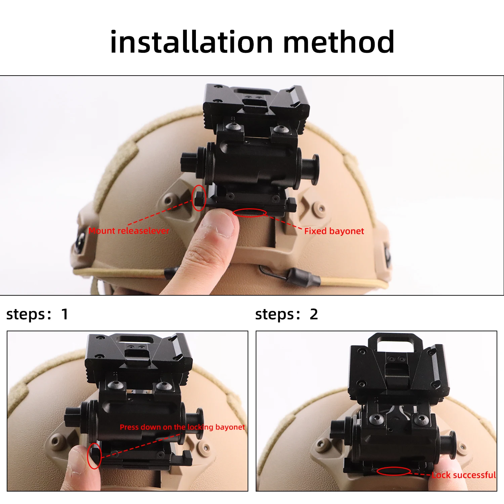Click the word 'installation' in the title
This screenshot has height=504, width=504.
tap(192, 42)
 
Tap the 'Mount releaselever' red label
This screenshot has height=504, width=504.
tap(129, 231)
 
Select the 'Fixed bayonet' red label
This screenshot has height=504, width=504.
tap(334, 231)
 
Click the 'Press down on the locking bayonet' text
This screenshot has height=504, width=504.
tap(182, 427)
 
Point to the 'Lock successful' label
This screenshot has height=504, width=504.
tap(464, 475)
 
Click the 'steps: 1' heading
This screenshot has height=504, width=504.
tap(37, 314)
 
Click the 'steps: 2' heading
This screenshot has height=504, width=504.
tap(286, 314)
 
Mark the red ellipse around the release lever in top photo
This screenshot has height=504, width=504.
tap(199, 198)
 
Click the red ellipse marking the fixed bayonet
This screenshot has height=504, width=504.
tap(250, 213)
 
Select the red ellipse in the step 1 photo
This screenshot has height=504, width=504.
tap(94, 456)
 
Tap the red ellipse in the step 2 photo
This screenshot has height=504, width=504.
tap(393, 471)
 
